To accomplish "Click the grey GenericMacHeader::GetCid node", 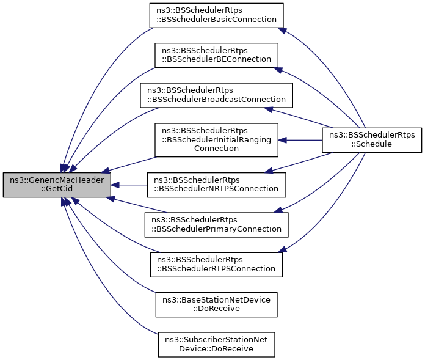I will [57, 185].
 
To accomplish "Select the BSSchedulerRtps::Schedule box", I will [372, 139].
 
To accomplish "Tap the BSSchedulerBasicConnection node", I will [217, 15].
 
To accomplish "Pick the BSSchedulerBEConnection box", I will [216, 54].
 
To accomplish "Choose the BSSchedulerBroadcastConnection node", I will [216, 94].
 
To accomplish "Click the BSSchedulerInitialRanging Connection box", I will [216, 139].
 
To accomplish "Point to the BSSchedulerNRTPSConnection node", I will [216, 184].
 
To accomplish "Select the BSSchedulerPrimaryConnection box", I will [216, 224].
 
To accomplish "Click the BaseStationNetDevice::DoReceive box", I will [217, 304].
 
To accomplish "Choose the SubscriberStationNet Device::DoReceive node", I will [217, 343].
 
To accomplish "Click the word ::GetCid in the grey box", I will [57, 189].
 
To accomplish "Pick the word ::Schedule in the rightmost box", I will [372, 144].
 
